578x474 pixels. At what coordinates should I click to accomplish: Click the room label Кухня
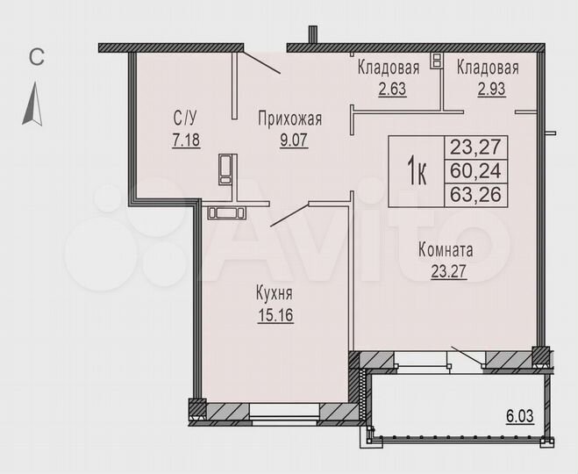(x=275, y=295)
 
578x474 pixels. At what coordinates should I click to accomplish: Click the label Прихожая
(x=289, y=120)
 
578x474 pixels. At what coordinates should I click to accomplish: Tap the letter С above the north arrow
(x=36, y=58)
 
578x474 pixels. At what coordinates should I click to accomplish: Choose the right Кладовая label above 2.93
(x=487, y=68)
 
